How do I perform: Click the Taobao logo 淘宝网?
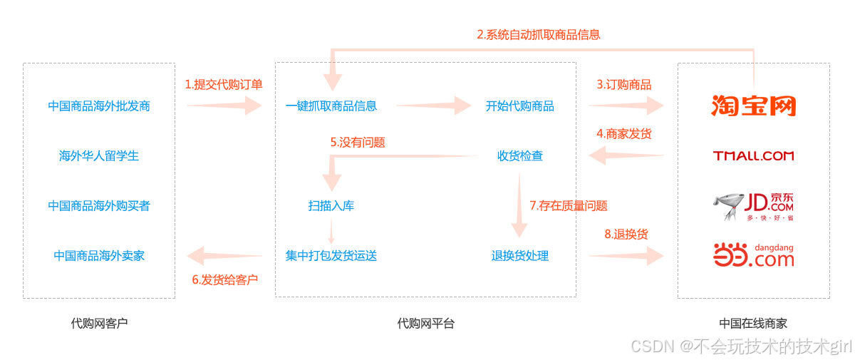[753, 106]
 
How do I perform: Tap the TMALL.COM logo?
[753, 155]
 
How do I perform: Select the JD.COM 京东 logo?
[753, 205]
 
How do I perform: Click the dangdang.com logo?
[753, 255]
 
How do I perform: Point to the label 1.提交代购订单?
[224, 84]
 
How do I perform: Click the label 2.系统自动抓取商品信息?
[538, 34]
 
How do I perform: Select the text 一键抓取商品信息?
[331, 106]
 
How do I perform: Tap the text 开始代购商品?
[520, 106]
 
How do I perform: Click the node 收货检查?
[520, 155]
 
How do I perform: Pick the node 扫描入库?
[331, 206]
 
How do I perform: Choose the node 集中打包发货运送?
[331, 255]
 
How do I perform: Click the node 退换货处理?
[520, 255]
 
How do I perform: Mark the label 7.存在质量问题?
[568, 205]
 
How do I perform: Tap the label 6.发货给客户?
[224, 279]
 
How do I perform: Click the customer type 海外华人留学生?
[99, 155]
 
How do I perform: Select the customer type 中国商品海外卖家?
[99, 255]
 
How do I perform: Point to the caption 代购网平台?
[425, 323]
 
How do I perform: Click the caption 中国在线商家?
[753, 323]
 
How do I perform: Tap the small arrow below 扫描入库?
[331, 231]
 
